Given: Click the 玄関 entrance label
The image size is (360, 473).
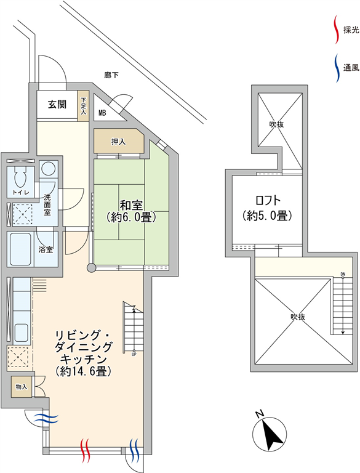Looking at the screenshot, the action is [57, 104].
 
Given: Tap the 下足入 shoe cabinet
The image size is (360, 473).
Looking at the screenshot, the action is [84, 106].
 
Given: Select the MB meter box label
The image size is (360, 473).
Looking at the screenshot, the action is [103, 114].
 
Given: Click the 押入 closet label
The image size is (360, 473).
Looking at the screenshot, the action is [119, 142].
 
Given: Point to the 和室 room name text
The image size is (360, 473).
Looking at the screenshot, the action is [131, 206].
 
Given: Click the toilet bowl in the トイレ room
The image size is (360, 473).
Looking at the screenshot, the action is [21, 177].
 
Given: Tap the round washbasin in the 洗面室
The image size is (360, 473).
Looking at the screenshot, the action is [47, 168].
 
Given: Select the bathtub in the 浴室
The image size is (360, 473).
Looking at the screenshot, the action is [20, 249].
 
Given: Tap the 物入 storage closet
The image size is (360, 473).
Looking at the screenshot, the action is [22, 387].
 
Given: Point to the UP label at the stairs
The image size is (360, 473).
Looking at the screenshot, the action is [134, 355].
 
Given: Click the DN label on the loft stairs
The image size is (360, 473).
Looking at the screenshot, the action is [343, 274].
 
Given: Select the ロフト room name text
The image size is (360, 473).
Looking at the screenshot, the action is [268, 200].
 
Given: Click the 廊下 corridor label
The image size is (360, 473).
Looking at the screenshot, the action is [111, 75].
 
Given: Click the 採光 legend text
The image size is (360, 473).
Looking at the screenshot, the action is [351, 30].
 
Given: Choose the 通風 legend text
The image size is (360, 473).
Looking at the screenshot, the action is [351, 68].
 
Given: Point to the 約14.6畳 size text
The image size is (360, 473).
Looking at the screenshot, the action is [84, 371].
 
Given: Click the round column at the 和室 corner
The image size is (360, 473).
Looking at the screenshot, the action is [91, 267].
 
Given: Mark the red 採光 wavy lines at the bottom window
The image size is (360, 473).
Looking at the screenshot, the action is [86, 451].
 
